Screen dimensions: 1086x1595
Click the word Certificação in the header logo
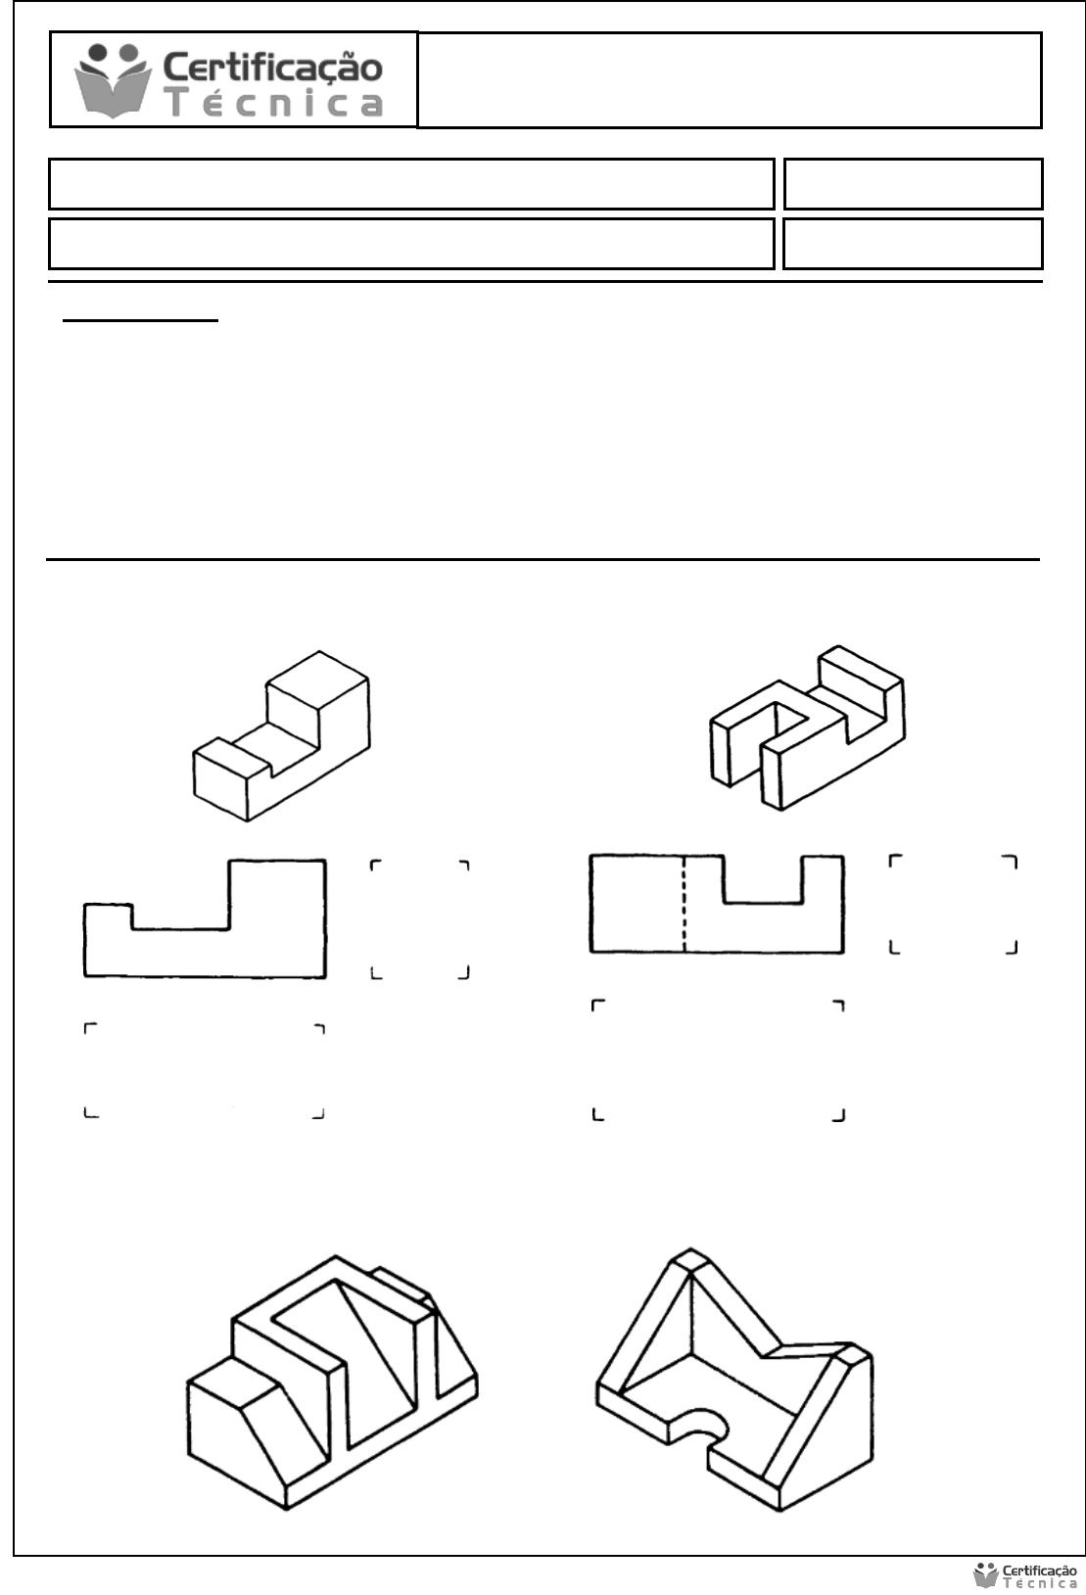[273, 67]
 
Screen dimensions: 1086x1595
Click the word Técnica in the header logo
[275, 103]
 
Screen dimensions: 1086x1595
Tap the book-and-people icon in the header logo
[113, 79]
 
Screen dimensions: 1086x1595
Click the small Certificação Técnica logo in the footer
[1025, 1575]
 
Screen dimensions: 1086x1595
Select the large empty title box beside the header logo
[730, 79]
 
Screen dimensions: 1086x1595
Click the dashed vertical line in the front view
[684, 904]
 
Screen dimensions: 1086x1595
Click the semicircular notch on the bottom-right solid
[701, 1424]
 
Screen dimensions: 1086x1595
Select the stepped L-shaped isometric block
[281, 735]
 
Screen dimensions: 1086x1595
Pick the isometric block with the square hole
[808, 727]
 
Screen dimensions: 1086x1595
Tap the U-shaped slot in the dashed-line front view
[763, 880]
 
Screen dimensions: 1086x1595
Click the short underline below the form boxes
[140, 321]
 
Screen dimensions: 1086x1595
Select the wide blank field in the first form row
[411, 184]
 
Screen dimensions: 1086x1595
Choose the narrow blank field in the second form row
[913, 244]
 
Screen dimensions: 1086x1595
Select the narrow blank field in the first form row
[914, 184]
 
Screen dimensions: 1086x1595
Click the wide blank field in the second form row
[411, 244]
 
